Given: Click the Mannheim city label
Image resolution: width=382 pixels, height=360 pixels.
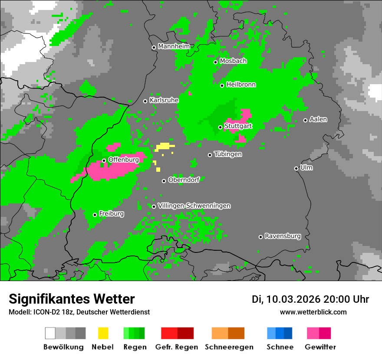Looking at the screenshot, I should tap(174, 46).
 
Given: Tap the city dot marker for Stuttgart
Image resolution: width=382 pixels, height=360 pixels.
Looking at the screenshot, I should tap(220, 127).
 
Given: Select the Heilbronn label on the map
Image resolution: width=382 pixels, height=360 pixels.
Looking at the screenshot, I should tap(241, 85).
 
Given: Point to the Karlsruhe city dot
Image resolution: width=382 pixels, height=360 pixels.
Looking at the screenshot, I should tap(145, 101).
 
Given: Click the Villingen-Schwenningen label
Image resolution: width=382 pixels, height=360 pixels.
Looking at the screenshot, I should tap(194, 206).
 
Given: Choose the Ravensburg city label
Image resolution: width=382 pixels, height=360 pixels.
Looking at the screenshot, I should tap(283, 236).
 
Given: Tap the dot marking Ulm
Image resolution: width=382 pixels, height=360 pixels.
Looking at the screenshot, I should tap(296, 168).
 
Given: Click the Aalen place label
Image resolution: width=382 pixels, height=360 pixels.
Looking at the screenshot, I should tap(318, 119).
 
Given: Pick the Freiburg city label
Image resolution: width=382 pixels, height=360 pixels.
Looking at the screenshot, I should tap(111, 213).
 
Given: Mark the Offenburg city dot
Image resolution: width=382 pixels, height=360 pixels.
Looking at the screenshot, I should tap(104, 160).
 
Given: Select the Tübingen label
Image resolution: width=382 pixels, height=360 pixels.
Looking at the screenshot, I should tap(228, 154).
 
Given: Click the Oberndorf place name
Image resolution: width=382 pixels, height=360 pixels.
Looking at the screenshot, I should tap(184, 180).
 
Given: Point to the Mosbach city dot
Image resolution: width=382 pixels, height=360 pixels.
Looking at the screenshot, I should tap(215, 62).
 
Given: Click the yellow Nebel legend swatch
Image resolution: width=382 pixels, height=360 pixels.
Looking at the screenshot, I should tap(103, 333).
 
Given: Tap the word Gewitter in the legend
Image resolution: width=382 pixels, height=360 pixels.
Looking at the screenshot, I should tap(320, 347).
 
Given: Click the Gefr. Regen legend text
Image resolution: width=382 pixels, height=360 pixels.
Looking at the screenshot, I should tap(177, 347).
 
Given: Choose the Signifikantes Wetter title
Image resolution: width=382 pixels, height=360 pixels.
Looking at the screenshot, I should tap(72, 299).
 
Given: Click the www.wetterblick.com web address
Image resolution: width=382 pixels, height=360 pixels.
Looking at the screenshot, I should tap(313, 312).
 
